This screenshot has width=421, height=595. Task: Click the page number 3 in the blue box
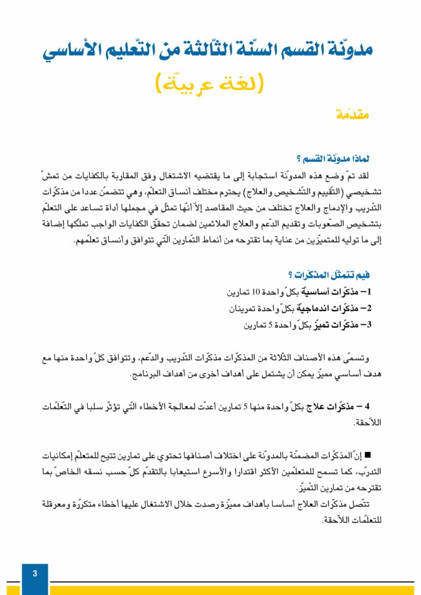35,574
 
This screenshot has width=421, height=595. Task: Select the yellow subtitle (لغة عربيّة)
210,83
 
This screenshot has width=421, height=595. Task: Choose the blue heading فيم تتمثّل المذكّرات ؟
330,275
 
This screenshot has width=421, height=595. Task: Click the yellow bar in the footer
233,590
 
